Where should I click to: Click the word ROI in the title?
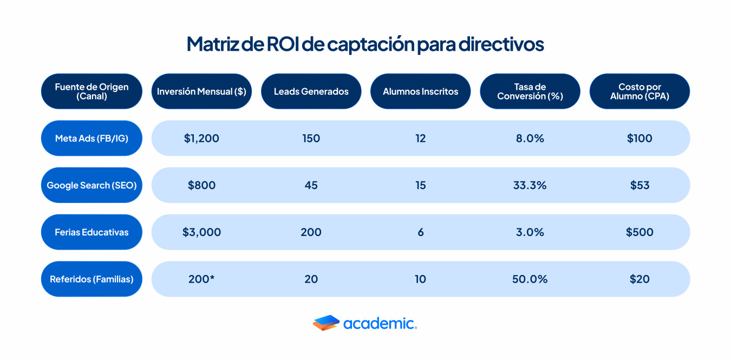click(283, 44)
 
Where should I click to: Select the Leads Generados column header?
click(311, 91)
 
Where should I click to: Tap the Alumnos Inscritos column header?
click(420, 91)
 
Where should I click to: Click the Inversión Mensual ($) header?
click(201, 91)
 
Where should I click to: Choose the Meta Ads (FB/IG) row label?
click(92, 139)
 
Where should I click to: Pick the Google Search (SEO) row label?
click(92, 185)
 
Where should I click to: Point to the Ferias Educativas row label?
click(92, 232)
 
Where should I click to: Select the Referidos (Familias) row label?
click(92, 279)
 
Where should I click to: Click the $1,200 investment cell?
click(201, 139)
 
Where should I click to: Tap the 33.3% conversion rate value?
click(530, 185)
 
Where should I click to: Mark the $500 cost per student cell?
click(639, 232)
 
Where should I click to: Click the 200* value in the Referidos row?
click(201, 279)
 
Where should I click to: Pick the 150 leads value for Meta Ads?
click(311, 139)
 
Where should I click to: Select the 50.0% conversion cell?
click(530, 279)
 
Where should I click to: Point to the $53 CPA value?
click(639, 185)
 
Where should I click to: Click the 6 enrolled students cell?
click(421, 232)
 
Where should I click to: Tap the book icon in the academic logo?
click(326, 323)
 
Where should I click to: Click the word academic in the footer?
click(380, 324)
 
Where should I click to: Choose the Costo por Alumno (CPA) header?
click(639, 91)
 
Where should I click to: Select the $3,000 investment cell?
click(201, 232)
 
